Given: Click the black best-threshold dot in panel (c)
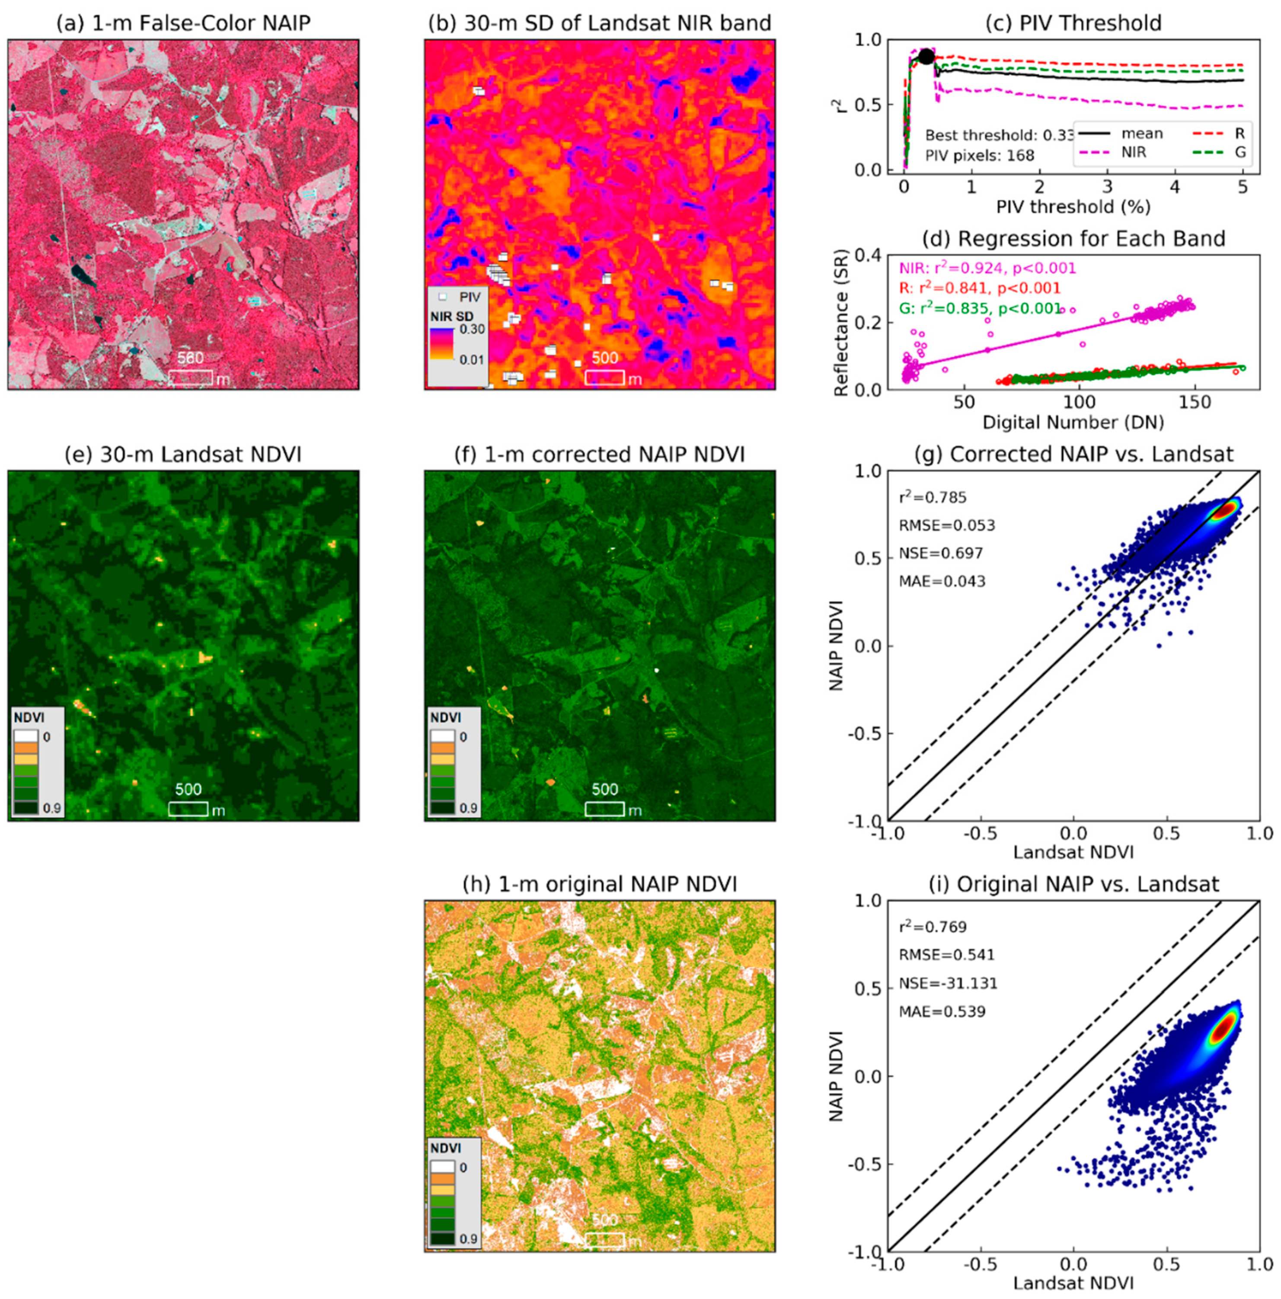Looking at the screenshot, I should [x=926, y=57].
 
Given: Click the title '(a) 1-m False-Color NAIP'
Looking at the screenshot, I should [x=183, y=23].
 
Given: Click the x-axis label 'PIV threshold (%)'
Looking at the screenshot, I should [x=1073, y=206].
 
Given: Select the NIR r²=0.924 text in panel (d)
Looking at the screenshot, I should [x=987, y=268].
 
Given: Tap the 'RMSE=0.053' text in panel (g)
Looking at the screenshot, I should [x=946, y=525].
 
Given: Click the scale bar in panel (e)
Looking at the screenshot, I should [x=188, y=808].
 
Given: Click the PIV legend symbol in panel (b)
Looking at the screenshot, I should [x=443, y=297].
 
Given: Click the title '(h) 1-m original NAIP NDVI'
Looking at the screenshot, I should [x=600, y=884].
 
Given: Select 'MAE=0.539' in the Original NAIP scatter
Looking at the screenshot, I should [x=942, y=1012].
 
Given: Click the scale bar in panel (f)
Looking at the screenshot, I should [x=604, y=808].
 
